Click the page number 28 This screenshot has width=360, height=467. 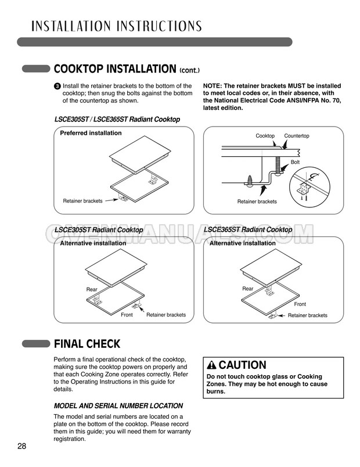[21, 446]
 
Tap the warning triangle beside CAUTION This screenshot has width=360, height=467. [212, 365]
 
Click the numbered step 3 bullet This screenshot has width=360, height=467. [57, 87]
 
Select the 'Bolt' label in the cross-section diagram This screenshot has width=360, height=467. [295, 162]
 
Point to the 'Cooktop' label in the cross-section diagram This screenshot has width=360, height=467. [265, 136]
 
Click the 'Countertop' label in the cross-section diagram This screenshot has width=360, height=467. [297, 136]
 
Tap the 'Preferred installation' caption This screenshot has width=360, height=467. [91, 133]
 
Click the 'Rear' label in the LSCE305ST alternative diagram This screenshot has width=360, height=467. [92, 289]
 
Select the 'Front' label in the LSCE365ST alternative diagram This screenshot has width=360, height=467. [300, 304]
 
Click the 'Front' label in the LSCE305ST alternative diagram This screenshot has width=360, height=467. [127, 315]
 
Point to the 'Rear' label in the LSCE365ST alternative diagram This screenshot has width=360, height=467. [248, 289]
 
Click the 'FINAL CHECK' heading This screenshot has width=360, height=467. [87, 344]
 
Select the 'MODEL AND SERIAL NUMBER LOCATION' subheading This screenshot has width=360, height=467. [118, 405]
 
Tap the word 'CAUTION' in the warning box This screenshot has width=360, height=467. [242, 365]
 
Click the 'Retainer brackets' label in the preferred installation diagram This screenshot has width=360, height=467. [82, 201]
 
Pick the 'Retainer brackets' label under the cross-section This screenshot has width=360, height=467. [257, 202]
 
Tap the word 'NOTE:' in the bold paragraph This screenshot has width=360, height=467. [213, 86]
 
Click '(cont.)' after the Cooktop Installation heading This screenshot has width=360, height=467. [189, 71]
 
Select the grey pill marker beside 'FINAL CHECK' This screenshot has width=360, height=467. [36, 344]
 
